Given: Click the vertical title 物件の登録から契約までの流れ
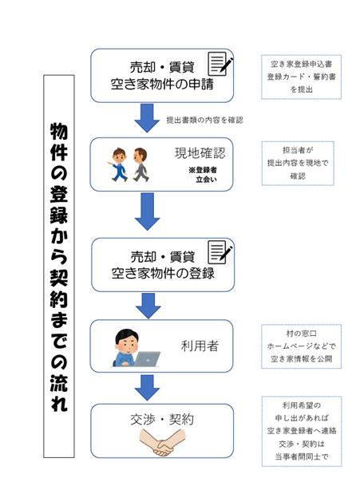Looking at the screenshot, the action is click(x=59, y=267).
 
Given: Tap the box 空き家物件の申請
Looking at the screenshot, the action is click(x=162, y=75).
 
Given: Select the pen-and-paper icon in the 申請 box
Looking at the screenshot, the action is click(x=220, y=64).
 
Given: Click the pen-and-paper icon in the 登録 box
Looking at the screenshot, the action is click(x=220, y=252).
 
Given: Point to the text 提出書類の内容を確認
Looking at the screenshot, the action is click(x=204, y=120).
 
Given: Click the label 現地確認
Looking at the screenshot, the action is click(x=200, y=153).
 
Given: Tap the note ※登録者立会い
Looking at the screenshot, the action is click(x=203, y=175).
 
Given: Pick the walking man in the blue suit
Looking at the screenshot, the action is click(x=117, y=164).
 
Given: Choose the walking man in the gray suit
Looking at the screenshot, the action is click(x=140, y=164).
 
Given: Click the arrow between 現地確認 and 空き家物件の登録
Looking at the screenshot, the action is click(x=148, y=211).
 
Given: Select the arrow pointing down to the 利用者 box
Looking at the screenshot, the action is click(x=148, y=306).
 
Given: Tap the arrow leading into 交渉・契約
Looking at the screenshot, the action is click(x=148, y=387).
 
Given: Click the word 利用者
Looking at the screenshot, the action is click(x=200, y=346).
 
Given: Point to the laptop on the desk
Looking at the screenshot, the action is click(x=148, y=359).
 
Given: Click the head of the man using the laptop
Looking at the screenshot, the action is click(x=126, y=341).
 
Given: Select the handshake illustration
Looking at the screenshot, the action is click(x=163, y=441).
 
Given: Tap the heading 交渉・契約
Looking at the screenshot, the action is click(x=162, y=420).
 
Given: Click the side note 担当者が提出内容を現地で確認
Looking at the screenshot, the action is click(x=298, y=163).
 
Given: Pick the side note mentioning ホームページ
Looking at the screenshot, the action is click(x=301, y=346).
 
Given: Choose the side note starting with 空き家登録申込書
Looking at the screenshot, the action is click(x=301, y=77).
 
